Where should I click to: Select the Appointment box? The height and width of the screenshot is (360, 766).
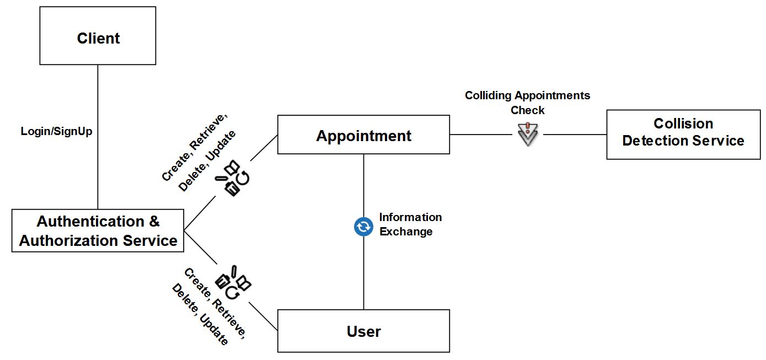(363, 135)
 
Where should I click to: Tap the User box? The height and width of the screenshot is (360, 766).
(363, 331)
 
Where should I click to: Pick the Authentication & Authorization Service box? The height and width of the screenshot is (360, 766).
(98, 231)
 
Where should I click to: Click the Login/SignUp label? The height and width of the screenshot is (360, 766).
(56, 131)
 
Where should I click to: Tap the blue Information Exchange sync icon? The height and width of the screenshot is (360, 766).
(363, 226)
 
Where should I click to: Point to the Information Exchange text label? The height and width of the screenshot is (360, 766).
(410, 224)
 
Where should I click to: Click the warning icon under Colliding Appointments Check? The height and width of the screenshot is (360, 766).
(528, 133)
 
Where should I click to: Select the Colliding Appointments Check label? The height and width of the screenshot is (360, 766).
(527, 103)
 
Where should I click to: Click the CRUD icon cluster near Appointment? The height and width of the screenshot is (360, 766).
(233, 178)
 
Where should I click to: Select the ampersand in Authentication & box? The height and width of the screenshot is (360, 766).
(154, 222)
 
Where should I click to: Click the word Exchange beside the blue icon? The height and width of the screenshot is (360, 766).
(406, 232)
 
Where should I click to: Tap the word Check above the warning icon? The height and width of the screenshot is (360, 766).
(527, 110)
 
